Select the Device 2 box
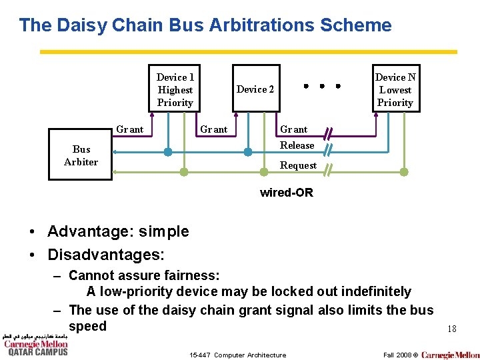[x=255, y=89]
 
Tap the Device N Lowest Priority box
[x=395, y=89]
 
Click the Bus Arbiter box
[x=81, y=156]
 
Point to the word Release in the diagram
[x=297, y=145]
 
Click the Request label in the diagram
[x=298, y=165]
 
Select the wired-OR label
[x=286, y=193]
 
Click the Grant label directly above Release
[x=294, y=129]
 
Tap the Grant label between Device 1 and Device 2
[x=214, y=129]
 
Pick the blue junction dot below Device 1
[x=168, y=152]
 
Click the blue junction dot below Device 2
[x=247, y=152]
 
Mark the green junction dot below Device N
[x=403, y=172]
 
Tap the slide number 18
[x=451, y=329]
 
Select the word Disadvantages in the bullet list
[x=105, y=255]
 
